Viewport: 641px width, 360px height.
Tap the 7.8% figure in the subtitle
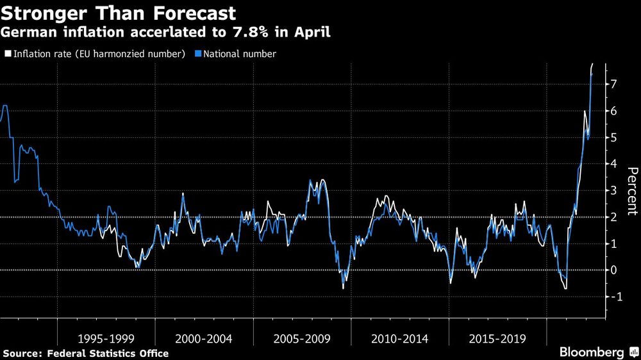253,32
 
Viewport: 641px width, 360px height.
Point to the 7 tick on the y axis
613,84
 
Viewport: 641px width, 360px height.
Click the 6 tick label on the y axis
613,111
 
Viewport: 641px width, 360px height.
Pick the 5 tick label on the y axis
613,138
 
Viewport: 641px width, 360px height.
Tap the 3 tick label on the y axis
613,191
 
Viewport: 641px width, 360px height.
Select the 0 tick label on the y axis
613,270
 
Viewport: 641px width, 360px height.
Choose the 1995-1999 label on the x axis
104,338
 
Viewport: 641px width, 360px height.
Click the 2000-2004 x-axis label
203,338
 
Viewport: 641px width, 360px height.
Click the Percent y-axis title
633,190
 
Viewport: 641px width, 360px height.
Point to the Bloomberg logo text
592,352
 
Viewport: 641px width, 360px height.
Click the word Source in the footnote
20,354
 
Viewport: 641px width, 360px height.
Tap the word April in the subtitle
310,32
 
